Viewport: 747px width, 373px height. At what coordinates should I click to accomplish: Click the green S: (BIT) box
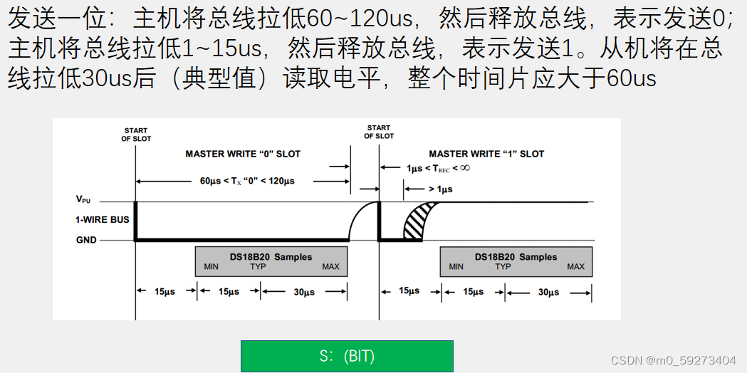347,356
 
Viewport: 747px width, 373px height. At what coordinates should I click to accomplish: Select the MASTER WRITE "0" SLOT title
243,154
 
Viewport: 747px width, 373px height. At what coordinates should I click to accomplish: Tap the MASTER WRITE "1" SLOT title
486,154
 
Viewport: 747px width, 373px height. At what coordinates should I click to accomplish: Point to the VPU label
84,201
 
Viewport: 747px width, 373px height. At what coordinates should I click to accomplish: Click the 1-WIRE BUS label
103,219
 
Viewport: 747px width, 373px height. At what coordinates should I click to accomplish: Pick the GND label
86,240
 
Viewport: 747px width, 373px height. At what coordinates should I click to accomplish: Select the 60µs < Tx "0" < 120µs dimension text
247,181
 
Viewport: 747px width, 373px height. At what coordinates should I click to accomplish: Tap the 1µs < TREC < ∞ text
438,169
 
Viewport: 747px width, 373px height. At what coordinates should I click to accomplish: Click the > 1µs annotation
440,189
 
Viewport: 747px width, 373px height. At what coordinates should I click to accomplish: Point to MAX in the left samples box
330,267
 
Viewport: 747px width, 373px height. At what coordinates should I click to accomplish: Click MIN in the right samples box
456,267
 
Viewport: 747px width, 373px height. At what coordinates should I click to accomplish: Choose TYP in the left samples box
258,267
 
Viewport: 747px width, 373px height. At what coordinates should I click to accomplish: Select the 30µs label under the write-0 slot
304,293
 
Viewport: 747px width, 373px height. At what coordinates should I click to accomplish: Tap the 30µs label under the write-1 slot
548,293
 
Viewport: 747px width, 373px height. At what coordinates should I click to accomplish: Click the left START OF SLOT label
136,135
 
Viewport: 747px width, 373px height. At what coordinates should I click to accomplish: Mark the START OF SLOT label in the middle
379,132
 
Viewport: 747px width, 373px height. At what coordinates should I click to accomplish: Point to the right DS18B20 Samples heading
516,257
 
